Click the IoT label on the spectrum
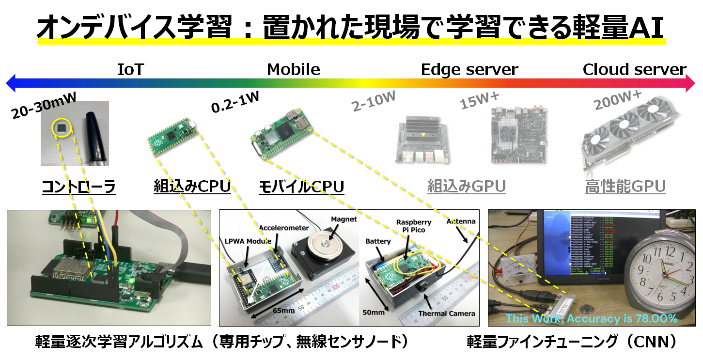[x=130, y=69]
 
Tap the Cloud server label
[x=634, y=69]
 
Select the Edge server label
[x=469, y=69]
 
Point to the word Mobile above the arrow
[x=293, y=69]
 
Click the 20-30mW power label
[x=44, y=105]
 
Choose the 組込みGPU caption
[x=466, y=187]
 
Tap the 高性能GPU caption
[x=625, y=187]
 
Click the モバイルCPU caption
[x=302, y=187]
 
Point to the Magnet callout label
[x=344, y=219]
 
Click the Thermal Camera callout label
[x=446, y=313]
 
